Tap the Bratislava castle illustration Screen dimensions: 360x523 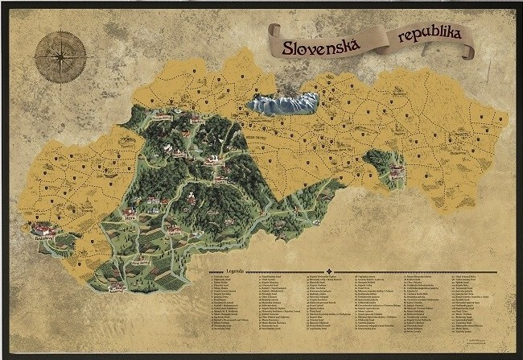[43, 230]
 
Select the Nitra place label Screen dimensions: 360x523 [131, 217]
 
